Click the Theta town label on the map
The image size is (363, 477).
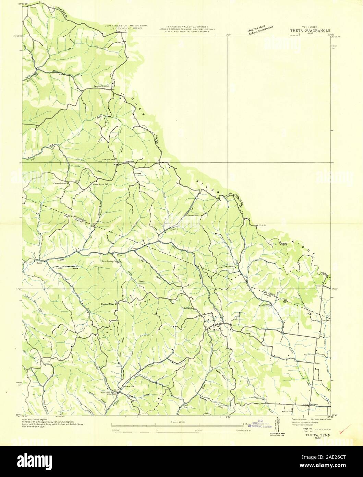tap(215, 330)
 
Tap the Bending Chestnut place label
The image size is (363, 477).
tap(101, 86)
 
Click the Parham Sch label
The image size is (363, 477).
tap(192, 216)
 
